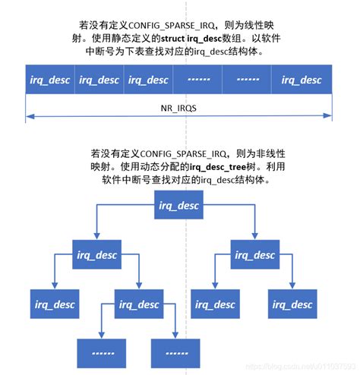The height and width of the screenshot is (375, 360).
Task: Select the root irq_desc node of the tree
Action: [x=178, y=205]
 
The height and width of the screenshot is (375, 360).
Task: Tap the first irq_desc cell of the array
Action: [x=50, y=80]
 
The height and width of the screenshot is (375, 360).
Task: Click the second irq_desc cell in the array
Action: [x=99, y=80]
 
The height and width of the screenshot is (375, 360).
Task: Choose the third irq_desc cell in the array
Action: [x=148, y=80]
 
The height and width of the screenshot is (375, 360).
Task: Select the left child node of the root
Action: [x=96, y=254]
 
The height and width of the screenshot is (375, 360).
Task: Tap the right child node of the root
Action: [x=254, y=254]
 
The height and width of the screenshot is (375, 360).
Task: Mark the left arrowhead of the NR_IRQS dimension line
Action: [x=28, y=116]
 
